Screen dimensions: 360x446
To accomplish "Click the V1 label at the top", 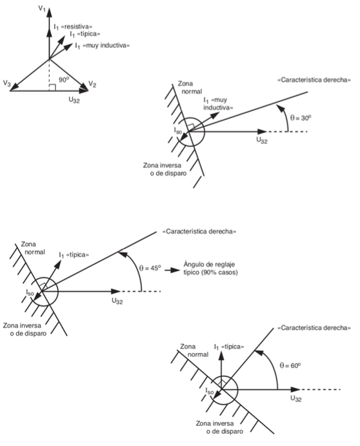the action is tap(42, 8).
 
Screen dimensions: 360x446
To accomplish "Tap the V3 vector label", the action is tap(7, 83).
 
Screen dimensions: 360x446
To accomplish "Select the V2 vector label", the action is tap(92, 84).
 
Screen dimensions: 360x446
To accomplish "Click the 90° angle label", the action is tap(64, 79).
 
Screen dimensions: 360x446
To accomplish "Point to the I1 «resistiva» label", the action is tap(73, 26).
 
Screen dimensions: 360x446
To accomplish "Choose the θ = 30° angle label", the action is tap(301, 117).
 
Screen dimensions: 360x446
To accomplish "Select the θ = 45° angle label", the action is tap(150, 268).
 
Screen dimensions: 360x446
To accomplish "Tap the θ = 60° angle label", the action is tap(290, 365).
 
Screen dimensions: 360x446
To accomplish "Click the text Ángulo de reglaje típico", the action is tap(211, 269).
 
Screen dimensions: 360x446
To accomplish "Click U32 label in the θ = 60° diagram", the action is tap(295, 398).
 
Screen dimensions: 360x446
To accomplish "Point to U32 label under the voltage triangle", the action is tap(74, 100).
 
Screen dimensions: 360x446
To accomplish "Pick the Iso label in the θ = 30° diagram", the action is tap(177, 130).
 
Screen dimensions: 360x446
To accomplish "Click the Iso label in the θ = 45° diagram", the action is tap(30, 292).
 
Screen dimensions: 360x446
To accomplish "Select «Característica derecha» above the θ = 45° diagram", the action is tap(199, 232).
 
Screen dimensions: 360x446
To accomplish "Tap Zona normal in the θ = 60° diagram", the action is tap(194, 350).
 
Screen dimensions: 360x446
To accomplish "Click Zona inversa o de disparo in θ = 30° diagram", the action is tap(165, 169).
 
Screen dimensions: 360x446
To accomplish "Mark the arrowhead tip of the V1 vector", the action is tap(50, 8).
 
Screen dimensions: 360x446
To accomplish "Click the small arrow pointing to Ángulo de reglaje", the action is tap(172, 270).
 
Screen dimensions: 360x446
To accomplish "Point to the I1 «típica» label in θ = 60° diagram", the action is tap(229, 347).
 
